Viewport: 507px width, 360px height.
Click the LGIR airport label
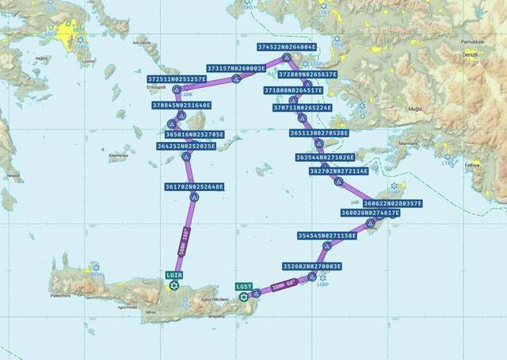tap(174, 274)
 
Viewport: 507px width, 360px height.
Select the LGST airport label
tap(244, 286)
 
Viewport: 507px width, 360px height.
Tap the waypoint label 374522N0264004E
tap(287, 47)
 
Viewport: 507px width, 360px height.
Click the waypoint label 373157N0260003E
tap(236, 68)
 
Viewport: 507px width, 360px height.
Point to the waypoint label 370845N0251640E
tap(181, 105)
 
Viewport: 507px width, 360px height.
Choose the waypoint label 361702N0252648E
tap(194, 186)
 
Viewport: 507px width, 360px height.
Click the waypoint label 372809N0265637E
tap(307, 75)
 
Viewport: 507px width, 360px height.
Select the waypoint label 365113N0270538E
tap(318, 133)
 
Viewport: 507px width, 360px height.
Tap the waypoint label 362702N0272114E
tap(339, 170)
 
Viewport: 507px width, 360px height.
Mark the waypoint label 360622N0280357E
tap(393, 203)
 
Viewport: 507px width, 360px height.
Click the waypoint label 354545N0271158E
tap(327, 236)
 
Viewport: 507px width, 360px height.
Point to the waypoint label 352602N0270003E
tap(312, 266)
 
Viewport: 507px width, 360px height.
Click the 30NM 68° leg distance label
tap(284, 285)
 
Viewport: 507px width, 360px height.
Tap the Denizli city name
tap(470, 54)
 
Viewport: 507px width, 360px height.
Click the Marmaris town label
tap(409, 144)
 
